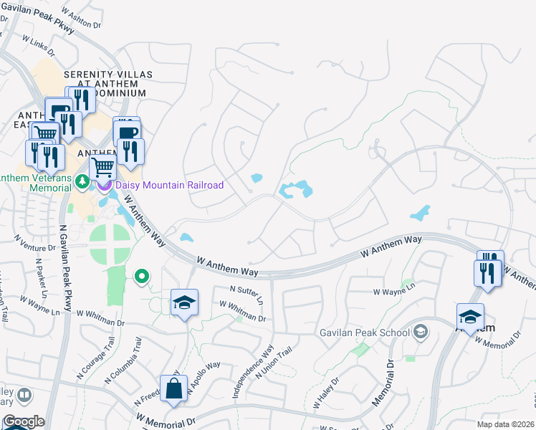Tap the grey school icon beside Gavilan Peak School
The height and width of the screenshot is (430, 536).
(421, 331)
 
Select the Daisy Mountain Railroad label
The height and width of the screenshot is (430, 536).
(169, 185)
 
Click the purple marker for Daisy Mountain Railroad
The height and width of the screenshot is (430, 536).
(105, 186)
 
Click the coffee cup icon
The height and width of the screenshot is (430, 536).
(128, 133)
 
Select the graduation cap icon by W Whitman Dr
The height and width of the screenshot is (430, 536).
(184, 303)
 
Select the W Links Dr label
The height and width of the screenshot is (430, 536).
(47, 47)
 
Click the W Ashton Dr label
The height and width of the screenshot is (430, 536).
(80, 18)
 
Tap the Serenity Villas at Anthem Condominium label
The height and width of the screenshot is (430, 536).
(105, 83)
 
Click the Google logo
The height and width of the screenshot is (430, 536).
(24, 421)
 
